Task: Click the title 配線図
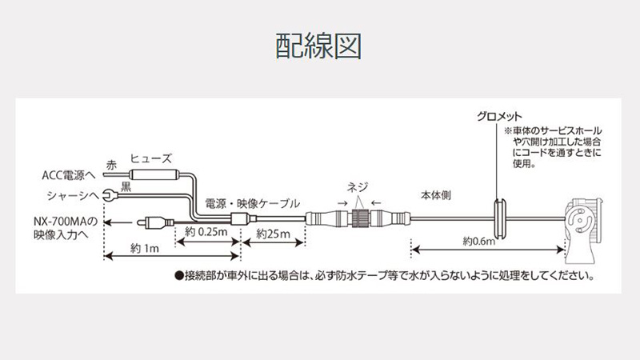(318, 46)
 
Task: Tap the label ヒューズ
(151, 158)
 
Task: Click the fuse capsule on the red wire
(154, 174)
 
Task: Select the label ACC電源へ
(69, 175)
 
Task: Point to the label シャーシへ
(73, 196)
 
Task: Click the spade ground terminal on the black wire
(109, 195)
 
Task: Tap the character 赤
(111, 166)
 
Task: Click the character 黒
(126, 187)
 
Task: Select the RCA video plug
(155, 222)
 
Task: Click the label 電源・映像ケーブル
(252, 204)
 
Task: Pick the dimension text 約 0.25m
(206, 232)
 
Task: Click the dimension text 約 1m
(145, 248)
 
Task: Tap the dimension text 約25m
(273, 234)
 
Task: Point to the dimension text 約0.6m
(478, 242)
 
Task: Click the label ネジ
(358, 187)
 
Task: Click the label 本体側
(436, 195)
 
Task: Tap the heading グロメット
(499, 117)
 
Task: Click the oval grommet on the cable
(499, 218)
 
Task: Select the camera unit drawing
(583, 230)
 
